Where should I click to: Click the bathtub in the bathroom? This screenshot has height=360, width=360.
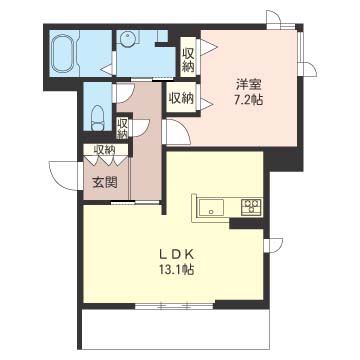pyautogui.click(x=64, y=52)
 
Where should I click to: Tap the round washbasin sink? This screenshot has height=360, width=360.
pyautogui.click(x=128, y=39)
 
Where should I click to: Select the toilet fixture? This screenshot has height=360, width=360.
pyautogui.click(x=98, y=118)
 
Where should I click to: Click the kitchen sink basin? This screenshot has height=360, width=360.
pyautogui.click(x=211, y=207)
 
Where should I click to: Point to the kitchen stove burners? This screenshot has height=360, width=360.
pyautogui.click(x=251, y=207)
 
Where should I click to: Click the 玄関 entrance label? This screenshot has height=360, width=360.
pyautogui.click(x=105, y=183)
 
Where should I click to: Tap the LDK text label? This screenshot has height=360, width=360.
pyautogui.click(x=176, y=255)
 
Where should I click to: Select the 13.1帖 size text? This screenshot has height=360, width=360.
pyautogui.click(x=176, y=269)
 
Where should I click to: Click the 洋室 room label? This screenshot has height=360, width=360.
pyautogui.click(x=248, y=84)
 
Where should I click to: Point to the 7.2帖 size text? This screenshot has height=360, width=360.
pyautogui.click(x=248, y=99)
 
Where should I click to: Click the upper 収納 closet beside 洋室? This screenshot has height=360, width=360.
pyautogui.click(x=188, y=57)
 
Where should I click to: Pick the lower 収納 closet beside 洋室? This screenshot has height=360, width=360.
pyautogui.click(x=181, y=97)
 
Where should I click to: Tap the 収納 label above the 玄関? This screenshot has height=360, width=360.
pyautogui.click(x=104, y=150)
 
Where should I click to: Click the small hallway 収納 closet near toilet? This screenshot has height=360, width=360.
pyautogui.click(x=123, y=128)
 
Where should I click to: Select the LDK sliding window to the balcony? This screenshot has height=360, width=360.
pyautogui.click(x=175, y=306)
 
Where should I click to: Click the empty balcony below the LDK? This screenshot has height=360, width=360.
pyautogui.click(x=175, y=329)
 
